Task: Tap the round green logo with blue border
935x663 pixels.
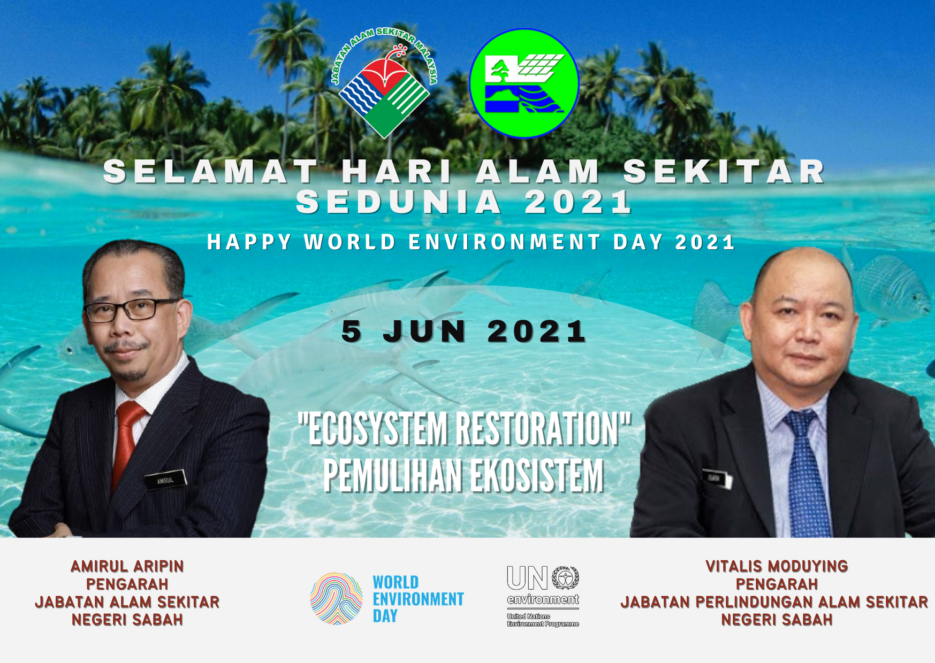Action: pos(524,83)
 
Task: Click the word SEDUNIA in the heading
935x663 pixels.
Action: pos(399,202)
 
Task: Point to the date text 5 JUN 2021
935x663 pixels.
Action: pos(465,331)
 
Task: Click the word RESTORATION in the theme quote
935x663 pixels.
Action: pos(543,429)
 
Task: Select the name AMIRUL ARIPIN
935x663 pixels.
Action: pos(127,566)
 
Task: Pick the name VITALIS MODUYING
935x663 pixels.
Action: pos(777,566)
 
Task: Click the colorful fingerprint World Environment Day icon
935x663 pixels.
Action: pos(336,598)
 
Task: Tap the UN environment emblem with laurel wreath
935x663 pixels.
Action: pos(565,578)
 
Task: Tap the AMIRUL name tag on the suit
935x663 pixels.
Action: pos(166,479)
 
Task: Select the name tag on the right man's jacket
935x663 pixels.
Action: pos(717,479)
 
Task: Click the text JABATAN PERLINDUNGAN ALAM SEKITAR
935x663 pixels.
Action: pos(774,602)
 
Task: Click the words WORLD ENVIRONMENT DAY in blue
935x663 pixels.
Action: pos(418,599)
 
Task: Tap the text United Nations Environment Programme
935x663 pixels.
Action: pos(543,620)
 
